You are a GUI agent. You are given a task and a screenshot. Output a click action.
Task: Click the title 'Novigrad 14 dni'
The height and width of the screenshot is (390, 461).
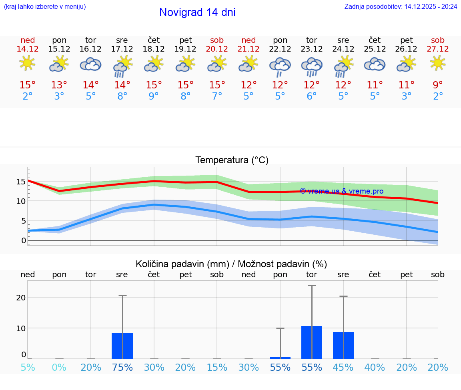tap(197, 12)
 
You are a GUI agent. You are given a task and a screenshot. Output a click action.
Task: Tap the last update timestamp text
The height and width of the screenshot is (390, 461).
tap(401, 6)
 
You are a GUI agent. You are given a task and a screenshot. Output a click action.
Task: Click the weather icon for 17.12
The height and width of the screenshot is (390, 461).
tap(122, 66)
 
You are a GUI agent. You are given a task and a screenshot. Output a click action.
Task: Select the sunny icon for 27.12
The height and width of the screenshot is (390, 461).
tap(438, 63)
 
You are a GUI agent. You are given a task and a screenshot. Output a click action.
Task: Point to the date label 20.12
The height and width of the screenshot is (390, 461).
tap(217, 49)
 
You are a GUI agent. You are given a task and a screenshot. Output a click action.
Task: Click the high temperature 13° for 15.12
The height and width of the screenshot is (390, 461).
tap(59, 85)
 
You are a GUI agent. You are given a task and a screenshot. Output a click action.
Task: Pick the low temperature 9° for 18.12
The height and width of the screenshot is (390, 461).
tap(154, 96)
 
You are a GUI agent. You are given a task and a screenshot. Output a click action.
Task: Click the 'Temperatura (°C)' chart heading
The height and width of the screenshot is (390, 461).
tap(232, 160)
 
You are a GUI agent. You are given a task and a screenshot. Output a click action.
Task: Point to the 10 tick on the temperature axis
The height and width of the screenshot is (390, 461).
tap(21, 201)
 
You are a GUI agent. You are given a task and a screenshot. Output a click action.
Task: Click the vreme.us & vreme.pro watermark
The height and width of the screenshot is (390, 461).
tap(342, 191)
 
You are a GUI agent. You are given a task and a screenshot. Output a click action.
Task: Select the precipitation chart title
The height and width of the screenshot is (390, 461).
tap(231, 264)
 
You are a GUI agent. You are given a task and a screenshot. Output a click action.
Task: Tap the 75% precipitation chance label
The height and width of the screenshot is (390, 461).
tap(122, 367)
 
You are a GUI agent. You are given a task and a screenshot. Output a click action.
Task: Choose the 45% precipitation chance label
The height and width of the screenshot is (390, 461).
tap(343, 367)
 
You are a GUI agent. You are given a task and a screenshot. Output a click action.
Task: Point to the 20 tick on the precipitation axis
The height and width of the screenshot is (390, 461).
tap(21, 298)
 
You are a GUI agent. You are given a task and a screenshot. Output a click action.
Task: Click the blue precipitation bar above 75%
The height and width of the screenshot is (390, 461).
tap(122, 346)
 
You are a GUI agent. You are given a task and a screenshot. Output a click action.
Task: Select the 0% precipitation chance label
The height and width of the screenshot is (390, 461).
tap(59, 367)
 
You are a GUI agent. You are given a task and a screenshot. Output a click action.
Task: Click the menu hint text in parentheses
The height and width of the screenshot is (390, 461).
tap(45, 6)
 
